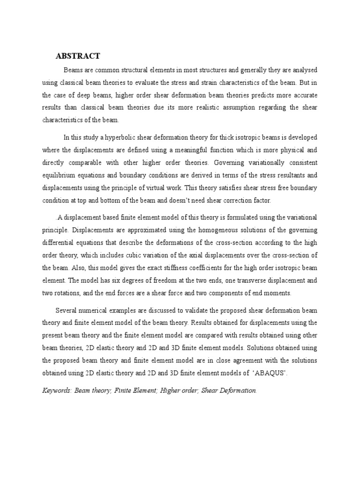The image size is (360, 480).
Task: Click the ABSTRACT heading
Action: click(78, 56)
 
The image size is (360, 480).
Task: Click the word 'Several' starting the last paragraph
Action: click(66, 310)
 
